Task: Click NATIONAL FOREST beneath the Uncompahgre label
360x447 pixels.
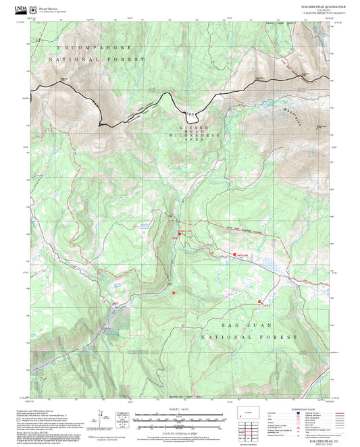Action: (x=101, y=59)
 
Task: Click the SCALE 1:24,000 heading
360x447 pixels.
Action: (x=179, y=409)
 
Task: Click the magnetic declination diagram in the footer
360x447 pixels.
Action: (x=101, y=415)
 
